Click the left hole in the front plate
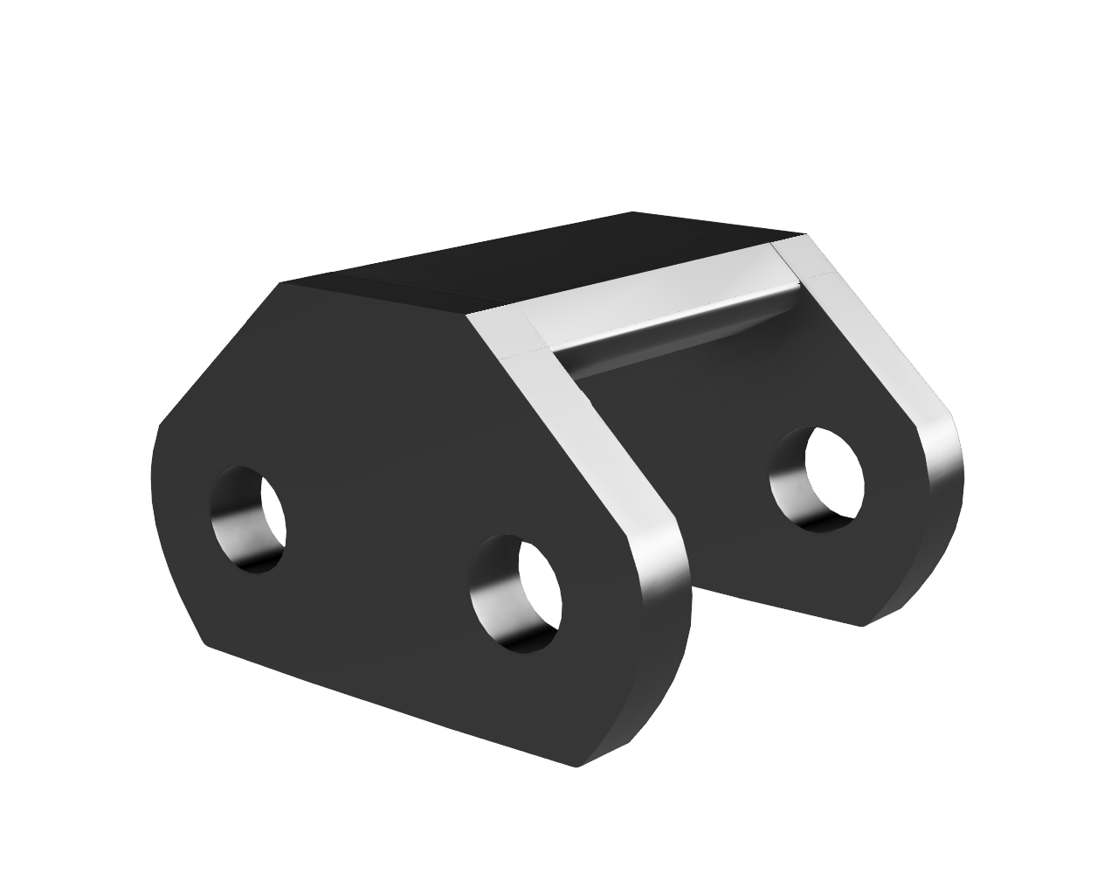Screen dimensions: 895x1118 pyautogui.click(x=249, y=519)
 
